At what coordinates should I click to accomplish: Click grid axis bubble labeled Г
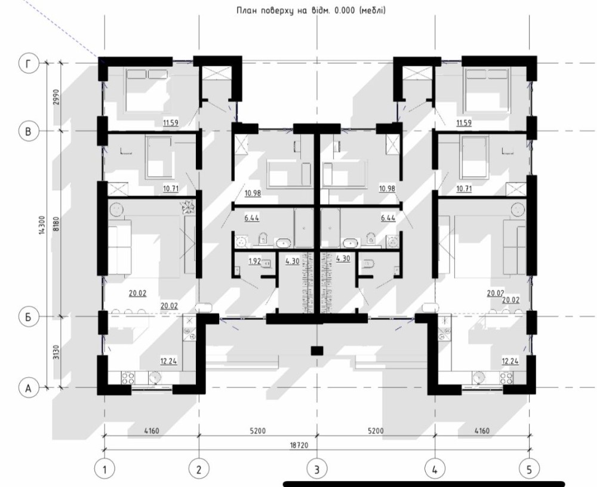pos(29,64)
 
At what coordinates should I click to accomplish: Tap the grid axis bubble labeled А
pos(29,388)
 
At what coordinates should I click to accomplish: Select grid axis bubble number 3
pos(317,469)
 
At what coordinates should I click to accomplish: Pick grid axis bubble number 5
pos(529,469)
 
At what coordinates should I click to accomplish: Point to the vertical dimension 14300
pos(42,225)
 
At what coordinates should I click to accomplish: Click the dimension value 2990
pos(56,97)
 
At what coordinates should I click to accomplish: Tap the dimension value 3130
pos(56,352)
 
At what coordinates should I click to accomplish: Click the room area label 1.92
pos(255,261)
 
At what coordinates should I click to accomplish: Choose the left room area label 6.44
pos(251,218)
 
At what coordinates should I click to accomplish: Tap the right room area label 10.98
pos(387,188)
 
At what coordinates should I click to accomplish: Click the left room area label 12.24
pos(168,361)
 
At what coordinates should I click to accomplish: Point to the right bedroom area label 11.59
pos(464,123)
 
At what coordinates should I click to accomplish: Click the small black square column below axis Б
pos(317,351)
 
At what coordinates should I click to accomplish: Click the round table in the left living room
pos(116,209)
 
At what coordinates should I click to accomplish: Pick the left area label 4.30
pos(293,261)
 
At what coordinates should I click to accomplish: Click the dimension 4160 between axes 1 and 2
pos(152,431)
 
